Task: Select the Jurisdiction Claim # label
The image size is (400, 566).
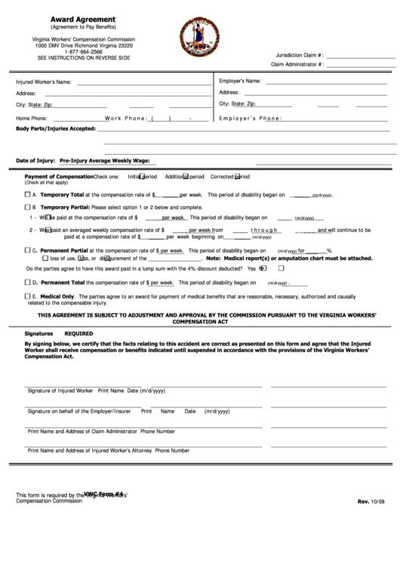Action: (300, 55)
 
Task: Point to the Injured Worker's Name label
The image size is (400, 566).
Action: (44, 82)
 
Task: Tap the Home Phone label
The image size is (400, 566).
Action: (32, 119)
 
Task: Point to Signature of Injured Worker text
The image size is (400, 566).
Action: (60, 391)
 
